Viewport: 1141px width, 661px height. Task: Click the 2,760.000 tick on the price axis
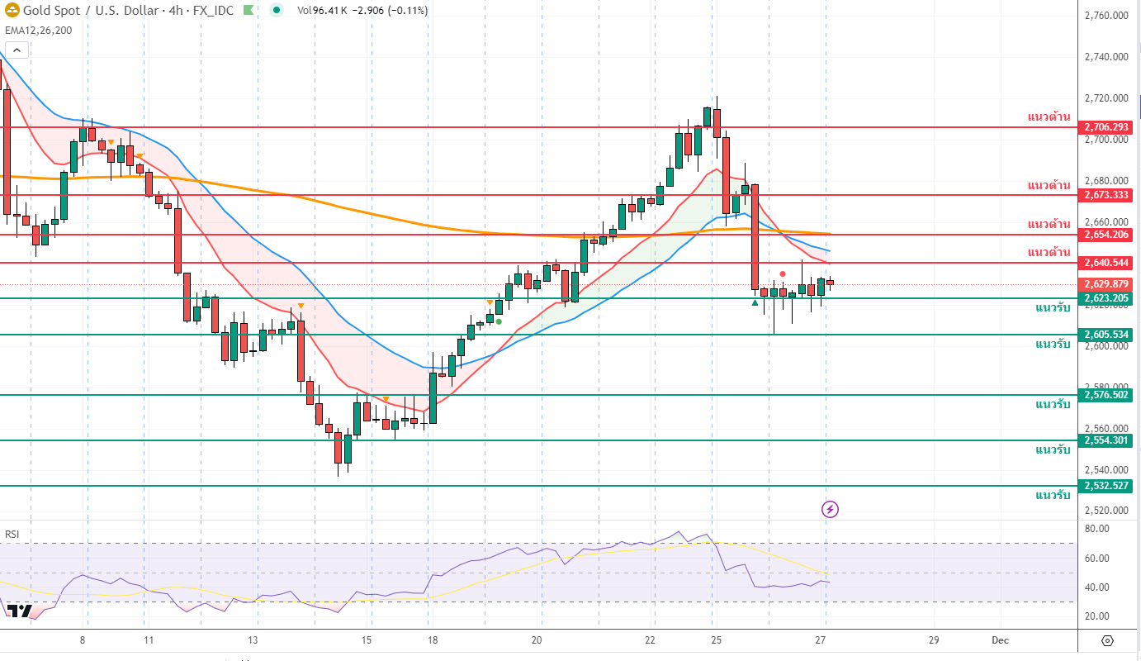tap(1106, 16)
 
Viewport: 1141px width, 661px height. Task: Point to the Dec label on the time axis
tap(1000, 640)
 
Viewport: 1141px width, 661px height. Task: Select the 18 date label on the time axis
tap(433, 640)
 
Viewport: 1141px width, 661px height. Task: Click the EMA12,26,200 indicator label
tap(38, 30)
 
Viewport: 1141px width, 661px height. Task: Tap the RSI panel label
tap(12, 535)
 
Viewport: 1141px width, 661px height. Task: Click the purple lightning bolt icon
tap(831, 509)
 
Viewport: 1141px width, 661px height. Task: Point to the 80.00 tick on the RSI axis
tap(1096, 529)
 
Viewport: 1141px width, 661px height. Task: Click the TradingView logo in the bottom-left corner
tap(19, 611)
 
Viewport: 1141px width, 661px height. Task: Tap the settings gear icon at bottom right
tap(1108, 641)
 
